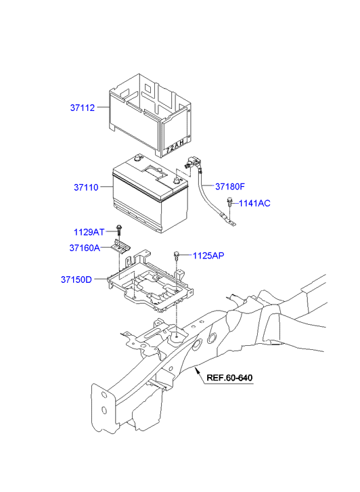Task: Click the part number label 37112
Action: coord(82,107)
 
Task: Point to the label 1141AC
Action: coord(255,202)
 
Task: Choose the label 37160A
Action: coord(85,248)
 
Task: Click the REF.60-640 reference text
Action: coord(229,378)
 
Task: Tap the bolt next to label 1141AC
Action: coord(231,201)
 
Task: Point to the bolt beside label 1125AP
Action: coord(176,254)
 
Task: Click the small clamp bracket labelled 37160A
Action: coord(122,248)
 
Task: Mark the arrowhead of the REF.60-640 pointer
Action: coord(196,370)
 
